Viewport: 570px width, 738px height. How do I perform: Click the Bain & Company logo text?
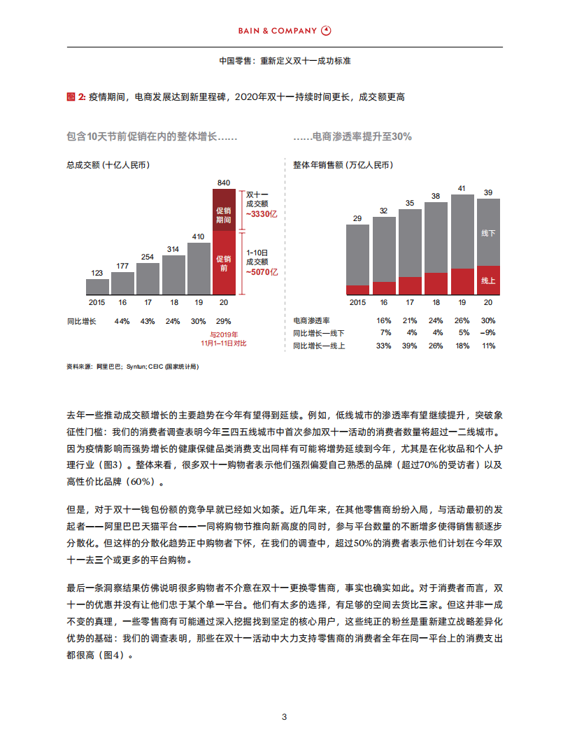point(278,31)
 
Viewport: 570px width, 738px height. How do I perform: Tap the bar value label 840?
point(224,183)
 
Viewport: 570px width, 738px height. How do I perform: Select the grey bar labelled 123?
point(98,287)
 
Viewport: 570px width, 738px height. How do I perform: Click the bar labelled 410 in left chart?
point(199,269)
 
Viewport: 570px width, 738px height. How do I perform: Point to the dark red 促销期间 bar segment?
point(224,210)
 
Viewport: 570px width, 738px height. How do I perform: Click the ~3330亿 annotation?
point(262,214)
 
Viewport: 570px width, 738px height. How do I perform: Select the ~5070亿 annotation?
point(262,271)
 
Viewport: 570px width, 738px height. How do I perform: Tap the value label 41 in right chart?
point(462,188)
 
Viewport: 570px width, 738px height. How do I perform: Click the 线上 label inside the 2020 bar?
point(488,281)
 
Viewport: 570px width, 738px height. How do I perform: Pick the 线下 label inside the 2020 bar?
point(488,233)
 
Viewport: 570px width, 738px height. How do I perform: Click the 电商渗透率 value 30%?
point(488,320)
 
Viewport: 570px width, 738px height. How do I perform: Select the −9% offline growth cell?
point(487,333)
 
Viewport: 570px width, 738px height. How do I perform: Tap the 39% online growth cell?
point(410,346)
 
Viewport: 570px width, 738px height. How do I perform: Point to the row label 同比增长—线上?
point(319,346)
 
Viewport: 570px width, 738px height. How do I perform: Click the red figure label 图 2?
point(76,97)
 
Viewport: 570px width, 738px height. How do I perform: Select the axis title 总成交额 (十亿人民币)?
point(108,165)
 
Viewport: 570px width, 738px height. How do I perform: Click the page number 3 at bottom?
point(285,717)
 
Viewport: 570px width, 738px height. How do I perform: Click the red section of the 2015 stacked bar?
point(357,290)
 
